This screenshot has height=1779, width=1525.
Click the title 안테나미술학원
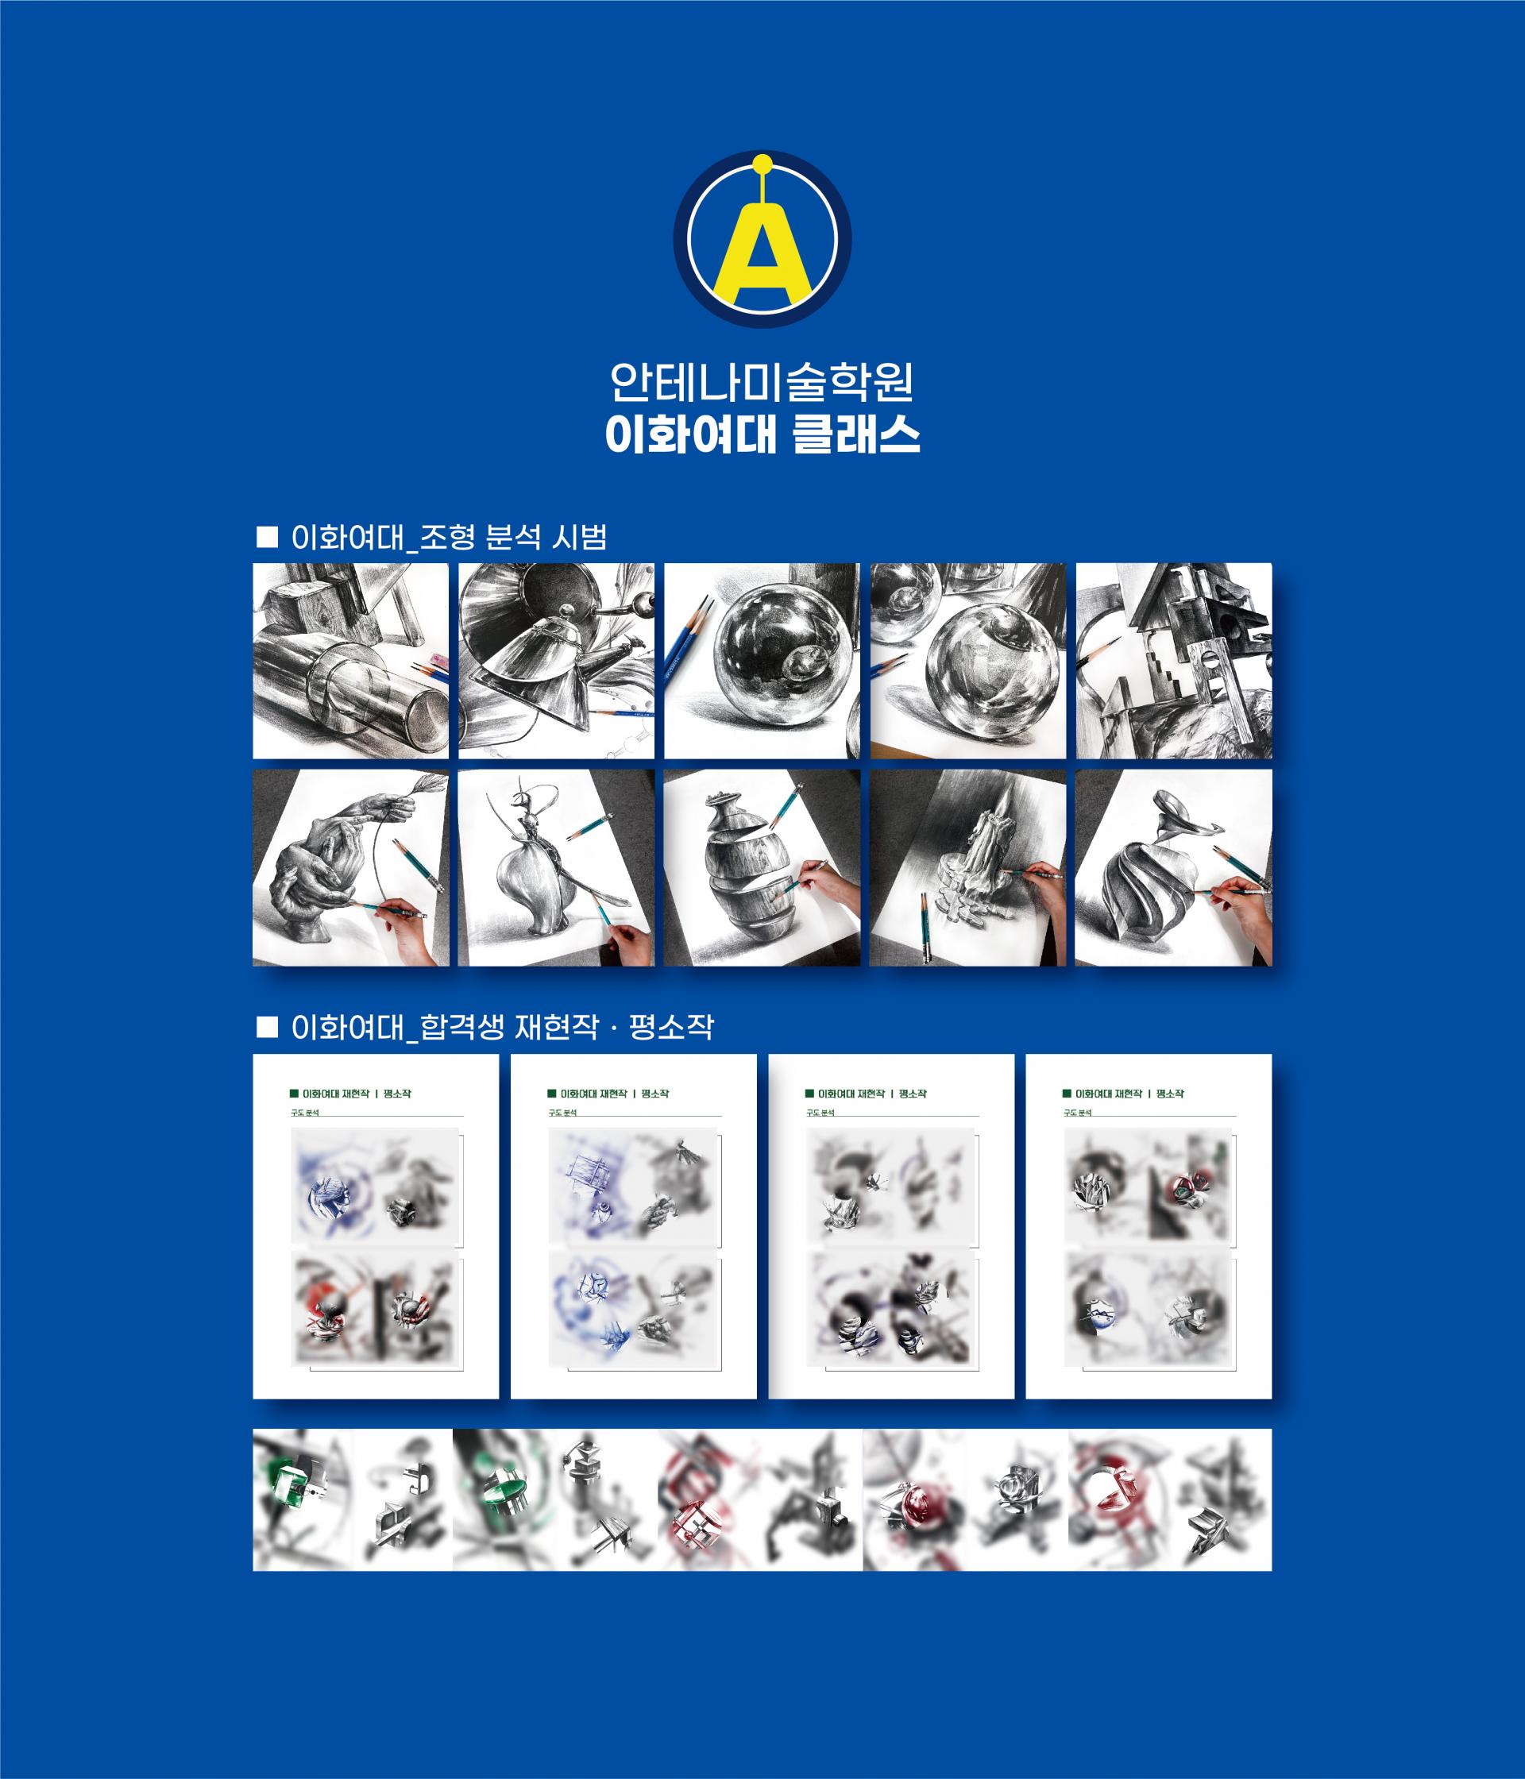point(762,384)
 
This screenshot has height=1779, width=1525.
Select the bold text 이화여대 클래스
point(762,436)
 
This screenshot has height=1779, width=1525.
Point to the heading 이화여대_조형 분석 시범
point(449,538)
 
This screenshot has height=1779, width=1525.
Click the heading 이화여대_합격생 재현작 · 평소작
point(502,1028)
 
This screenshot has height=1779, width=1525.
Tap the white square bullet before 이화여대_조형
point(267,538)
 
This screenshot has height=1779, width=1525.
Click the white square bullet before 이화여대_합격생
point(267,1028)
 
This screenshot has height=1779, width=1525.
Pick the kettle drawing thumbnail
point(555,661)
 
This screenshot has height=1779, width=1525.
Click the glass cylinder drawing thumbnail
point(350,661)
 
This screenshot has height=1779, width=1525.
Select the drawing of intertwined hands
point(350,867)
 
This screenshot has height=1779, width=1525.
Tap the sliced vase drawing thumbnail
point(762,867)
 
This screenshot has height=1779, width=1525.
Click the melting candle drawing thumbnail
point(967,867)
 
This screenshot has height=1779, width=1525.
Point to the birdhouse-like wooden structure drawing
point(1174,661)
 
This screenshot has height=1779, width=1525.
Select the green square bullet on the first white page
point(294,1094)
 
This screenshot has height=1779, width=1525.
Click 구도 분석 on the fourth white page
point(1077,1113)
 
